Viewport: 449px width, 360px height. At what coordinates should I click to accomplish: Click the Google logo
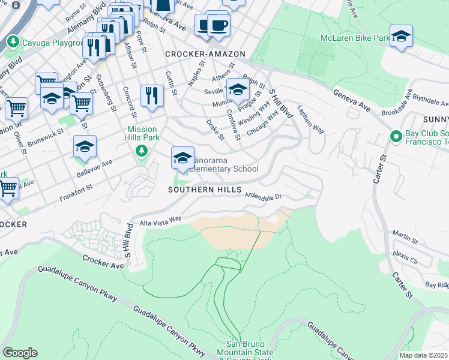[x=20, y=353]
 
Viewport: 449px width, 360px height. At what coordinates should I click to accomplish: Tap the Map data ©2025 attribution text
[x=424, y=355]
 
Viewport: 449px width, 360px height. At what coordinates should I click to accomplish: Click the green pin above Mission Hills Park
[x=141, y=151]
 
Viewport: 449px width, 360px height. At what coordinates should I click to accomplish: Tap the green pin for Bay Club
[x=395, y=136]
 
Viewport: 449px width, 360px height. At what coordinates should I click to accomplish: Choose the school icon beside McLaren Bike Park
[x=401, y=37]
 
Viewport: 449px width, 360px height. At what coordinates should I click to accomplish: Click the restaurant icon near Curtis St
[x=152, y=96]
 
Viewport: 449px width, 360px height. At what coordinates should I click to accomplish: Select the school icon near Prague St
[x=238, y=90]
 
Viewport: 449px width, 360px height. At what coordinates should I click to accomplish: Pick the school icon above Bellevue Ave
[x=85, y=147]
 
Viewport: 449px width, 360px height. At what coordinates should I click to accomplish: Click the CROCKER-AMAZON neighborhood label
[x=205, y=54]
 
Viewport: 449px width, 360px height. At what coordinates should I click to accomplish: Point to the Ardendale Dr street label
[x=262, y=196]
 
